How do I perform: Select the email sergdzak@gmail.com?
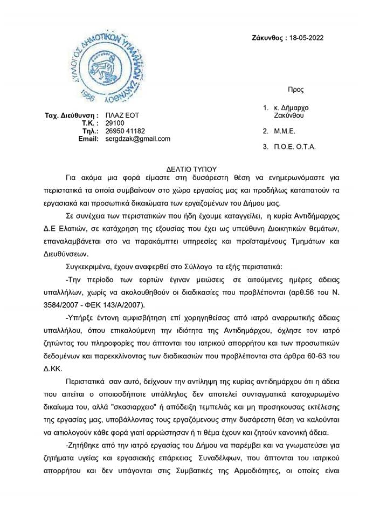coord(138,139)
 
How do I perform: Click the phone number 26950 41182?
coord(125,131)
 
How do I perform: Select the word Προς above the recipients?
coord(296,90)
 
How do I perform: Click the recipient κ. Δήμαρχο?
coord(291,108)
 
